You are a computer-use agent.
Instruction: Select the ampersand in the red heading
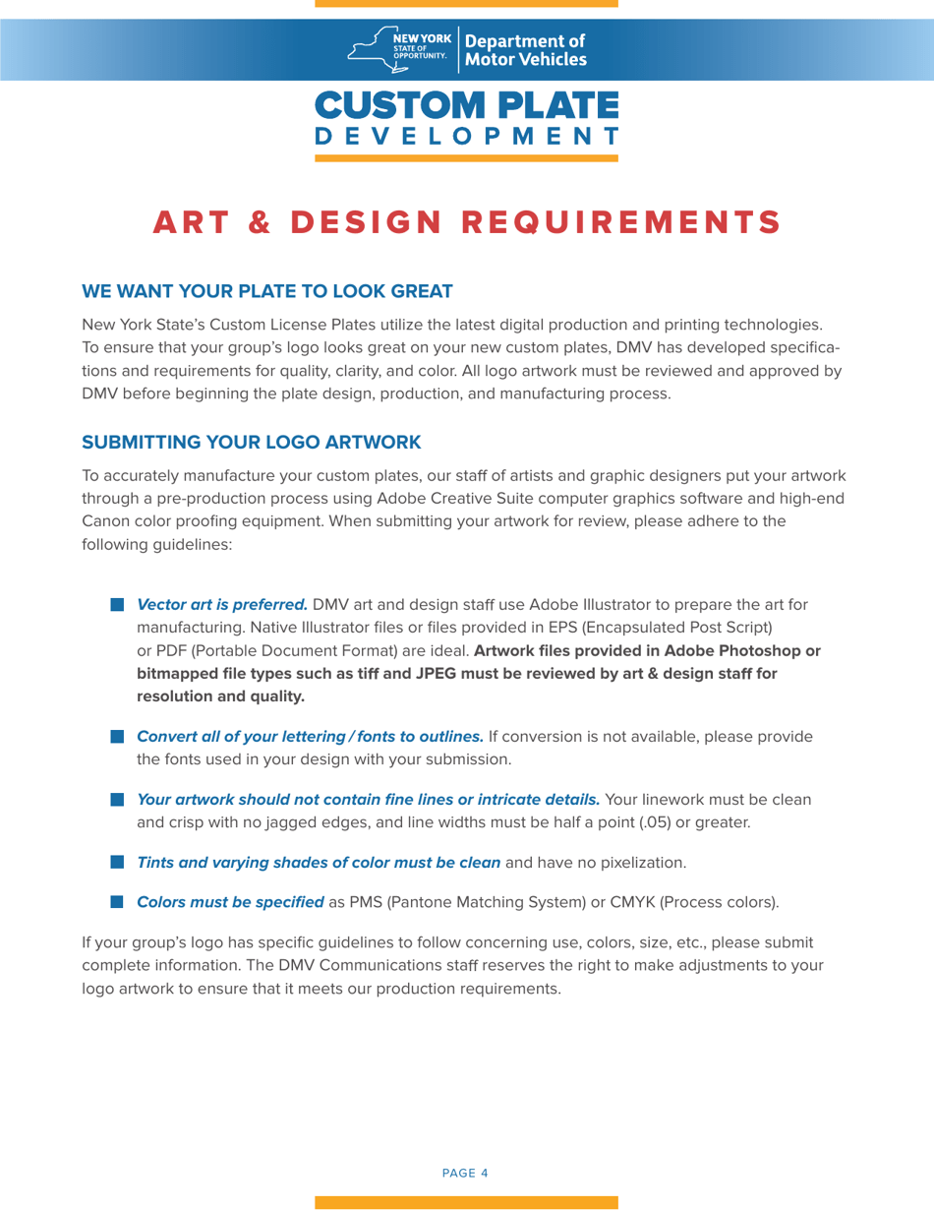point(260,222)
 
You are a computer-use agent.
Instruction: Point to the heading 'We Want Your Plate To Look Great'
point(266,291)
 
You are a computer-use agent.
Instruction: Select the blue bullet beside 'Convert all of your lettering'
point(117,736)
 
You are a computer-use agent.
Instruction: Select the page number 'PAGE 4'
point(466,1173)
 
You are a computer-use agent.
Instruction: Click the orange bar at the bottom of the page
point(466,1202)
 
